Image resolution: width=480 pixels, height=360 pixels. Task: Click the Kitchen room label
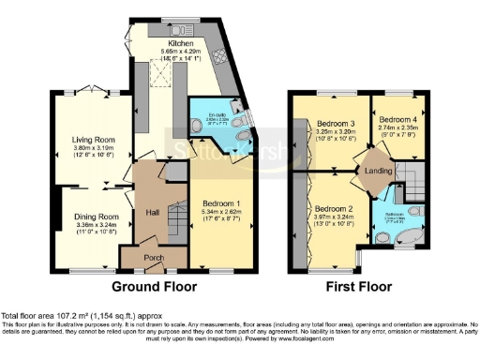181,42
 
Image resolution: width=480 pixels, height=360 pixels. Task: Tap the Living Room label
93,141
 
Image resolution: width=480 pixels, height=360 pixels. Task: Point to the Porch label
154,256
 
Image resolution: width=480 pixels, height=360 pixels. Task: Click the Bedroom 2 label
334,208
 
